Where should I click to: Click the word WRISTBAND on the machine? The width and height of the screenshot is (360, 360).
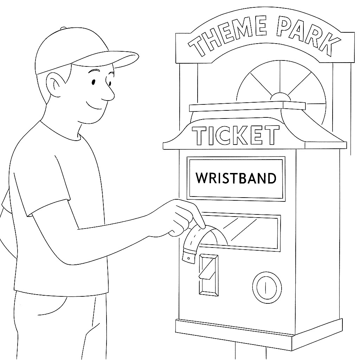236,178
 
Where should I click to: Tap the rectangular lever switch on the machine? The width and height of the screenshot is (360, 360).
208,274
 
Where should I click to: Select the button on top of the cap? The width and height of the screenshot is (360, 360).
63,28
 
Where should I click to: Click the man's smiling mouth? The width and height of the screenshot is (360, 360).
93,105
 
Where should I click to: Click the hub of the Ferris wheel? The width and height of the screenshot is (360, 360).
280,97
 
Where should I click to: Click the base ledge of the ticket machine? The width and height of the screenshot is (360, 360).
258,330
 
